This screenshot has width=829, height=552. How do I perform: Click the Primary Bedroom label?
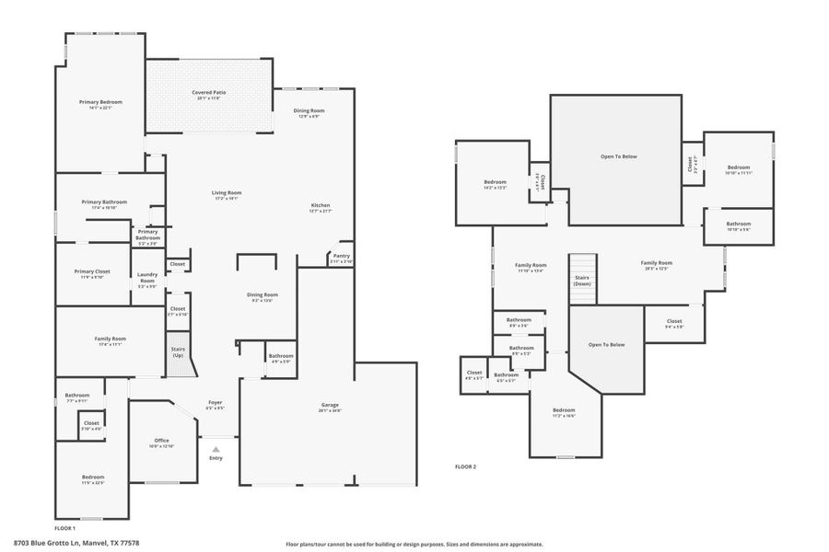pyautogui.click(x=100, y=102)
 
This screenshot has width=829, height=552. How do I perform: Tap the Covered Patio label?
pyautogui.click(x=209, y=93)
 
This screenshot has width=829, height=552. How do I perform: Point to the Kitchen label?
pyautogui.click(x=321, y=205)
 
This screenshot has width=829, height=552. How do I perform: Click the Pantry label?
pyautogui.click(x=341, y=256)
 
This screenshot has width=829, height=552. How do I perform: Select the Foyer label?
pyautogui.click(x=215, y=402)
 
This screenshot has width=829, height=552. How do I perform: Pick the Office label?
pyautogui.click(x=160, y=441)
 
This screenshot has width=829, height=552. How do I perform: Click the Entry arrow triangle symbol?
pyautogui.click(x=216, y=449)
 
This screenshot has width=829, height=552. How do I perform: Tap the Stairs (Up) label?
pyautogui.click(x=178, y=351)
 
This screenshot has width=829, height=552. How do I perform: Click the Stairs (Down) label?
pyautogui.click(x=582, y=280)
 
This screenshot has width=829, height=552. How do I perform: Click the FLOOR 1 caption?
pyautogui.click(x=64, y=528)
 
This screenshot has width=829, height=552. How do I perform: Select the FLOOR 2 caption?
pyautogui.click(x=465, y=466)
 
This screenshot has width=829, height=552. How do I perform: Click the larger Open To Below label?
pyautogui.click(x=618, y=156)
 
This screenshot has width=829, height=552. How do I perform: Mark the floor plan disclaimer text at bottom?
pyautogui.click(x=414, y=544)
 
